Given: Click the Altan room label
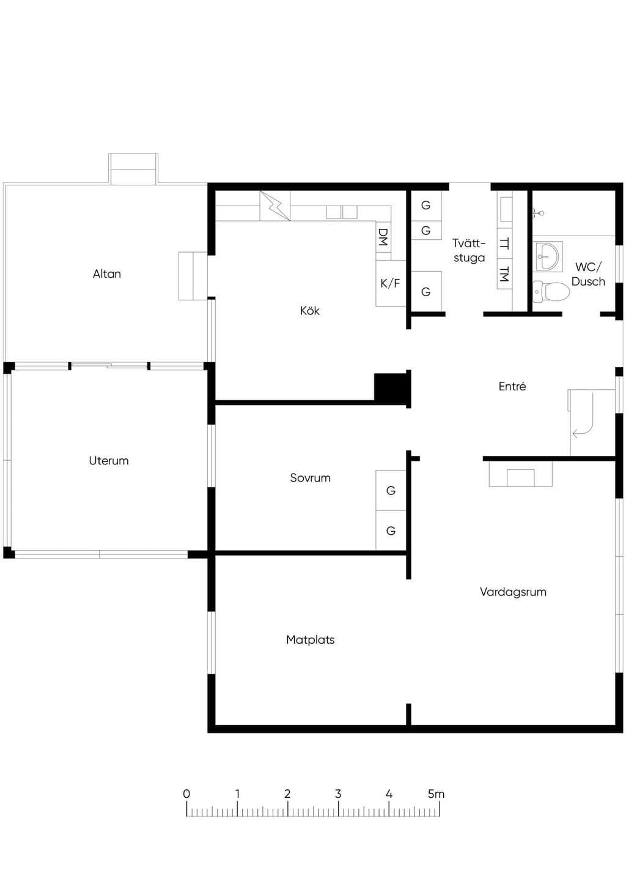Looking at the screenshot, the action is click(x=107, y=274).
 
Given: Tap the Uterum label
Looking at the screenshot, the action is click(x=109, y=460).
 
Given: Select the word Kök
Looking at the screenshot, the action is click(x=309, y=310).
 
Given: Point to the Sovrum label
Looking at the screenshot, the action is click(x=310, y=478).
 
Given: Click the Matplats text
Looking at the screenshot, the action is click(x=310, y=639).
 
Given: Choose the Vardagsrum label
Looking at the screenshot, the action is click(x=513, y=592).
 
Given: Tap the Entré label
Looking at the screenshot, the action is click(x=512, y=386).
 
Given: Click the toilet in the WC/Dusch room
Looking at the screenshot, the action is click(x=551, y=291).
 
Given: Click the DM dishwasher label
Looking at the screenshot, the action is click(x=383, y=237).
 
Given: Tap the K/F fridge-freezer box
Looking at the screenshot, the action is click(x=391, y=283).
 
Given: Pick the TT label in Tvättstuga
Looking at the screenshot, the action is click(x=504, y=244).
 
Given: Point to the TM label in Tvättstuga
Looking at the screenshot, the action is click(x=504, y=274).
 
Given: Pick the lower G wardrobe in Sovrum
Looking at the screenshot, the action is click(x=391, y=530).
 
